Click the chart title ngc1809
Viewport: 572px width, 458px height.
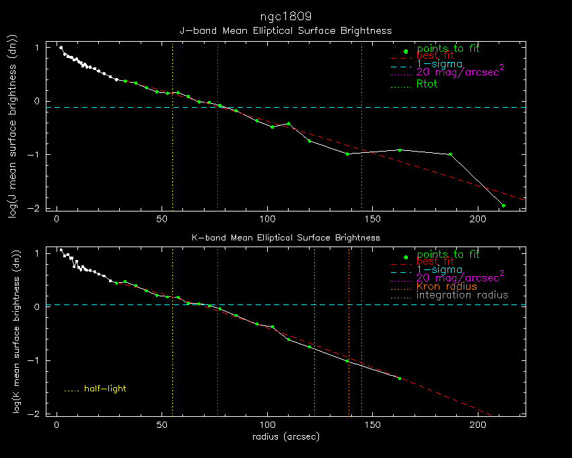tap(285, 15)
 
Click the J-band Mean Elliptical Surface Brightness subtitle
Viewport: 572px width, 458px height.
tap(285, 30)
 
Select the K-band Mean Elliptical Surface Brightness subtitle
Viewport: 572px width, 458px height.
tap(285, 238)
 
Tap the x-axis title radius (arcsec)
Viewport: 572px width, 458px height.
tap(285, 436)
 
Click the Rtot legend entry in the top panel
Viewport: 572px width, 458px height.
tap(427, 84)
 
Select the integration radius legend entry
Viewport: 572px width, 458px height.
tap(462, 295)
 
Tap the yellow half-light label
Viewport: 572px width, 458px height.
tap(105, 389)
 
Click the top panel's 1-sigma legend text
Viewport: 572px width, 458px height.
tap(439, 64)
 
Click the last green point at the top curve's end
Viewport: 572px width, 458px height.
tap(503, 205)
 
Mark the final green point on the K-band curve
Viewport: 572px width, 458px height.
tap(399, 379)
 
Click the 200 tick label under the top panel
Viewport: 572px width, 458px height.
tap(478, 220)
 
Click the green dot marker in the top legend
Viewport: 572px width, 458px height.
tap(404, 51)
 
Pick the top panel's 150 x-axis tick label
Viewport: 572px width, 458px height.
tap(373, 220)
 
